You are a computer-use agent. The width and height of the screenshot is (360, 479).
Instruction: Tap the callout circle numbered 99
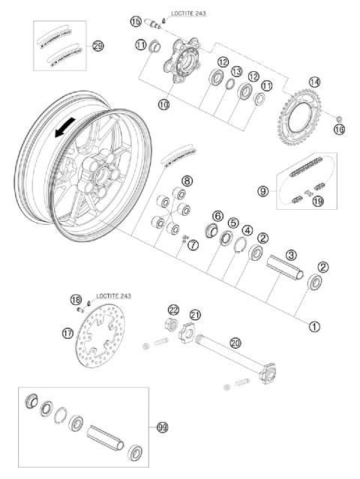point(163,427)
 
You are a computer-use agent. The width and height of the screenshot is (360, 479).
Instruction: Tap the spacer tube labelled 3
point(283,265)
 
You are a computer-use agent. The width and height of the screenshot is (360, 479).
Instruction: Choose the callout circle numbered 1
point(313,326)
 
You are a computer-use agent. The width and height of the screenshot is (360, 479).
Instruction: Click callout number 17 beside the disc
point(68,332)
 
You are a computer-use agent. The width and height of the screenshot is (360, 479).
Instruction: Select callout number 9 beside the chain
point(263,191)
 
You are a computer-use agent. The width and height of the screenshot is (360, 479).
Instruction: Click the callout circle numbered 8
point(187,181)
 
